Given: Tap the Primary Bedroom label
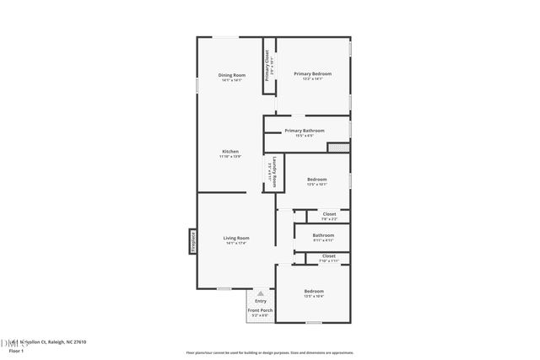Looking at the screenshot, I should (x=312, y=74).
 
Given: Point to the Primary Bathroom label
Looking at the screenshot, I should (x=305, y=131).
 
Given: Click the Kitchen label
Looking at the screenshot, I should (x=230, y=152).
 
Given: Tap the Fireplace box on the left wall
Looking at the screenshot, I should (x=192, y=242).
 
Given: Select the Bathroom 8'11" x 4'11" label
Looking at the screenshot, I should (x=323, y=235).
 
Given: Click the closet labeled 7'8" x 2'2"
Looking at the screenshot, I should (x=328, y=214).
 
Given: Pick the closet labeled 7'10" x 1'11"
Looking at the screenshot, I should (x=328, y=255).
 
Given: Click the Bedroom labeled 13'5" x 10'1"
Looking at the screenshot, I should (x=316, y=180).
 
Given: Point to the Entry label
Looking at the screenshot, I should (x=261, y=301).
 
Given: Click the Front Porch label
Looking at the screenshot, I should (x=260, y=311).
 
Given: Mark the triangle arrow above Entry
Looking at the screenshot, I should (x=261, y=293).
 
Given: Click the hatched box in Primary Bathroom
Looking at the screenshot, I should (x=337, y=148).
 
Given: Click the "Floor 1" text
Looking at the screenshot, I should (x=16, y=350).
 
